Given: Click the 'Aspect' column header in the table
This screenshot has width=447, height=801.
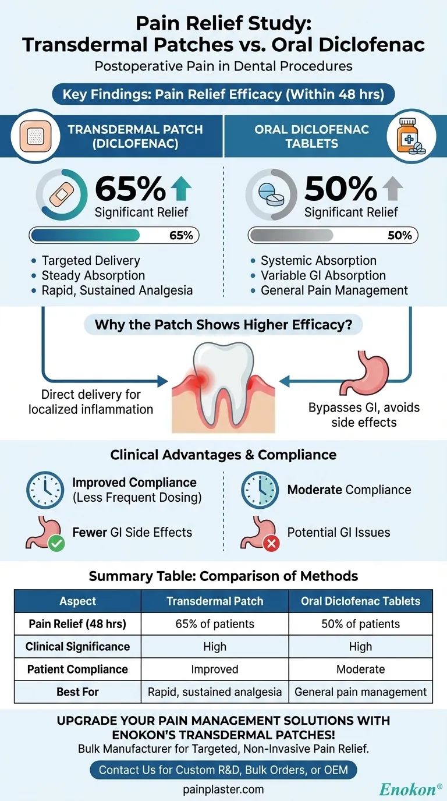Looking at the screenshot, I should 77,601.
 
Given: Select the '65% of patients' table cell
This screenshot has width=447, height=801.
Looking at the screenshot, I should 215,624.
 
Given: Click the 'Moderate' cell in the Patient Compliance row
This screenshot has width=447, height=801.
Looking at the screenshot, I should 360,669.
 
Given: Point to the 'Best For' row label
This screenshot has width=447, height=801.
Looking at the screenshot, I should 77,692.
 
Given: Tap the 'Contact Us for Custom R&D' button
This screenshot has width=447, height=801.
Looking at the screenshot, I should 223,770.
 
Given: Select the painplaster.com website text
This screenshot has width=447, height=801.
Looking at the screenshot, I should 223,789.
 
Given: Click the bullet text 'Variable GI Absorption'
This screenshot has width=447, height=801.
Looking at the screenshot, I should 323,275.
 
